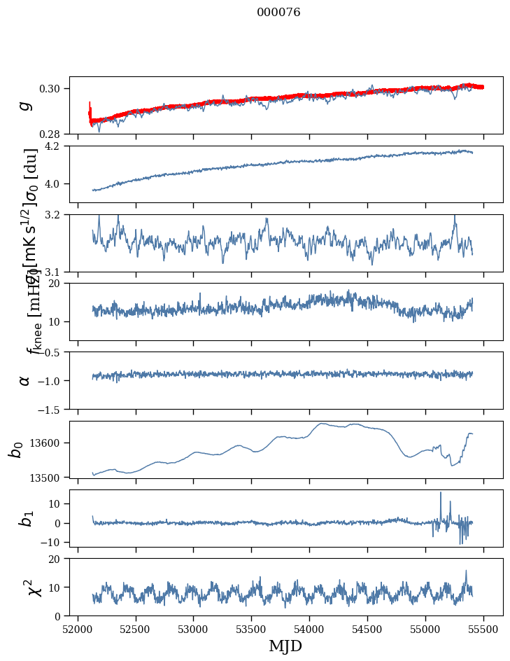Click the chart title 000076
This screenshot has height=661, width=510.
point(278,13)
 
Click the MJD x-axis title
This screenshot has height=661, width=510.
point(285,646)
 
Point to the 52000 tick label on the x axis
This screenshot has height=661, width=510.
point(78,628)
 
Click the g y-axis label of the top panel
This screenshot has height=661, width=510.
point(25,105)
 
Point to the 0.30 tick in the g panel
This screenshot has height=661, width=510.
point(53,88)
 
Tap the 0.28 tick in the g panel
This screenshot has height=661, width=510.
point(53,134)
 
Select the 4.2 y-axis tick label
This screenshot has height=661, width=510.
point(56,146)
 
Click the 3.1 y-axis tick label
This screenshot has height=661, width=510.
point(56,272)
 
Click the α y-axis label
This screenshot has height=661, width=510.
point(25,380)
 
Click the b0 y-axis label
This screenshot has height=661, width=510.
point(15,450)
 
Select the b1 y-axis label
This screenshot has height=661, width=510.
point(25,518)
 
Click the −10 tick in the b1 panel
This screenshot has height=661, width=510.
point(50,543)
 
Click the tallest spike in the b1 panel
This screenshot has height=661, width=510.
point(441,493)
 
